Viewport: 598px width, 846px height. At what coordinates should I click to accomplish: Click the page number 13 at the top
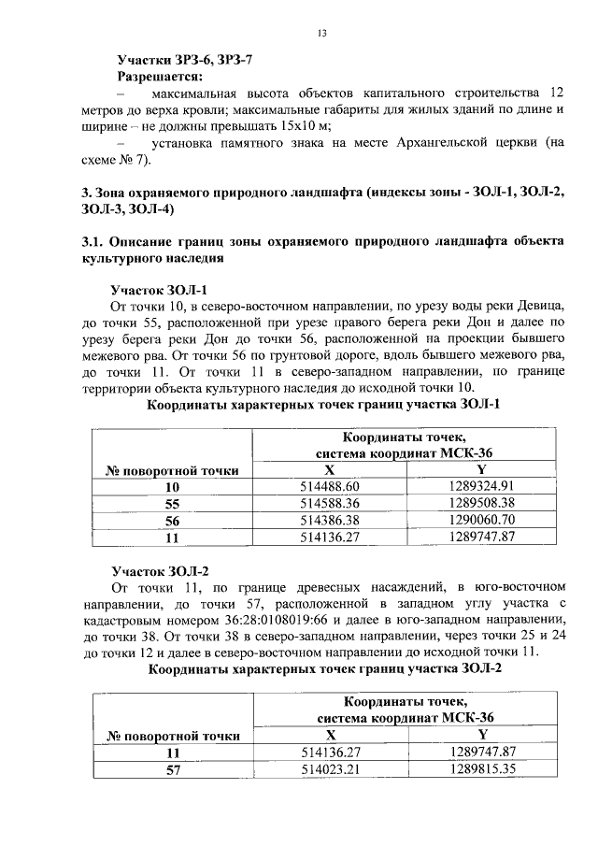(321, 35)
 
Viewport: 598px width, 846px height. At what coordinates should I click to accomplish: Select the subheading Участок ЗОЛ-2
(159, 570)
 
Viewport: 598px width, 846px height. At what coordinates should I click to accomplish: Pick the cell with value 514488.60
(328, 487)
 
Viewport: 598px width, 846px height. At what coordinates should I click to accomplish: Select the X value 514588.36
(328, 504)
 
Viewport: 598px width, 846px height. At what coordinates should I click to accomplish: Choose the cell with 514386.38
(328, 521)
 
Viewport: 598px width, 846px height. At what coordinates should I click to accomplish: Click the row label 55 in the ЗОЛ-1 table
(172, 504)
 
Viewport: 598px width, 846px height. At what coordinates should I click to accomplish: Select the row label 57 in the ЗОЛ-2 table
(172, 770)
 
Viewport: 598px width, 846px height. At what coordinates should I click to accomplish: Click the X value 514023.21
(328, 770)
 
